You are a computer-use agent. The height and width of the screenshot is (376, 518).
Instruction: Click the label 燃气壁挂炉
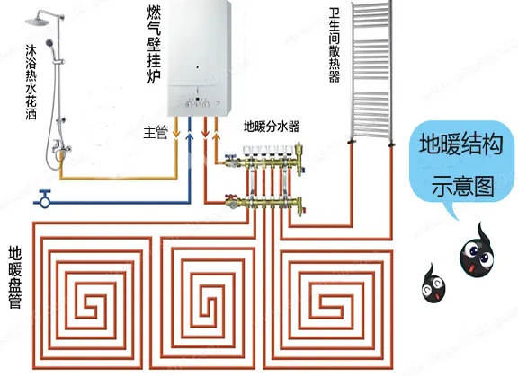[154, 45]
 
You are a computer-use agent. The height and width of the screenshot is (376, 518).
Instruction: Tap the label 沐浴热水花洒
[31, 83]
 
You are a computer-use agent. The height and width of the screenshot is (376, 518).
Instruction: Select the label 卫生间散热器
[334, 45]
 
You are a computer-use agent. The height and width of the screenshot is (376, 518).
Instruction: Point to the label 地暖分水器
[272, 127]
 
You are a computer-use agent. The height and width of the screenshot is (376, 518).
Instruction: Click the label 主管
[156, 133]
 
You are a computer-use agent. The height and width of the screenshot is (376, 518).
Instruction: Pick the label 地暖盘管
[15, 276]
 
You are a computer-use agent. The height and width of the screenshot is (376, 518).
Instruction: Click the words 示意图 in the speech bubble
[463, 187]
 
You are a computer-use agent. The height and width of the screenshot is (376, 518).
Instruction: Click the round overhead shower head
[37, 22]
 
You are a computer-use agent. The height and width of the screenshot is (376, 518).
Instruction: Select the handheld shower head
[49, 42]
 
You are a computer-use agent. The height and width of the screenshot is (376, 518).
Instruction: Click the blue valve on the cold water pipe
[45, 198]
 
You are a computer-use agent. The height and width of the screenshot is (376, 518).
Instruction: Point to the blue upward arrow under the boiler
[189, 136]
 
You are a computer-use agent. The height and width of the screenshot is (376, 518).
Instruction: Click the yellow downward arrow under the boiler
[176, 134]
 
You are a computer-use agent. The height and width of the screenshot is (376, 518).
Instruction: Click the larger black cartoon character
[478, 251]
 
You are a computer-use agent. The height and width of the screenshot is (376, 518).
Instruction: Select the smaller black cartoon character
[433, 284]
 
